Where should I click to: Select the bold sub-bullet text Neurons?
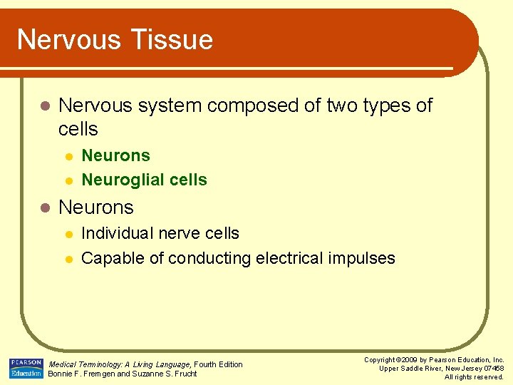[x=115, y=155]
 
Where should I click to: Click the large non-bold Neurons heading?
[x=96, y=207]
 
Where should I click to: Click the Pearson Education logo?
[x=26, y=368]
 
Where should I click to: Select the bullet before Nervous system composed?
[x=44, y=106]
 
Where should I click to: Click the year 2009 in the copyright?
[x=410, y=360]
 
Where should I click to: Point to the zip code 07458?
[x=492, y=369]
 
